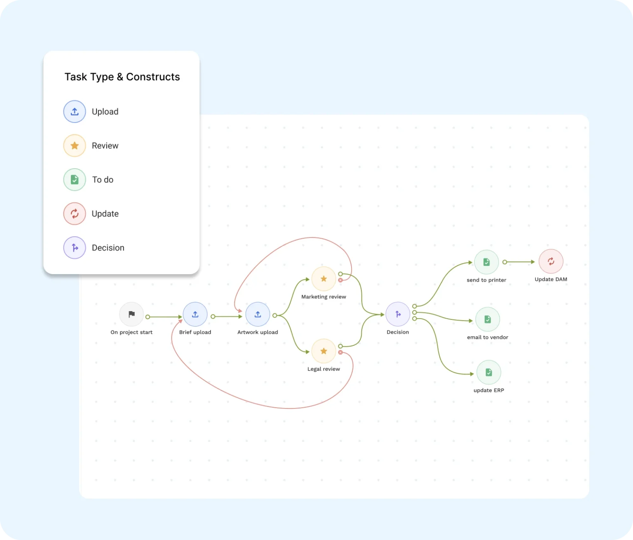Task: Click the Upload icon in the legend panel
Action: point(75,112)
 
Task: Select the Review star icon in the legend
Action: point(75,146)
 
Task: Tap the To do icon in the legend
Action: point(75,180)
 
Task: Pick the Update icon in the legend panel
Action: point(75,214)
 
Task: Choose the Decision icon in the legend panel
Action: point(75,248)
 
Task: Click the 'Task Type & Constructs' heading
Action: point(122,77)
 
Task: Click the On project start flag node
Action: point(131,315)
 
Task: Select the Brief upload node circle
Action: point(195,315)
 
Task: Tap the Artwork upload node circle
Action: point(258,315)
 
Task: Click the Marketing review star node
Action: point(324,279)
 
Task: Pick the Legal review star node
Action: point(324,351)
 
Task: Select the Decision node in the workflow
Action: point(398,315)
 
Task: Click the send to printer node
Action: point(486,262)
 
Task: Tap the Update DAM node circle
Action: point(551,261)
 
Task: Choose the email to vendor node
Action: point(488,319)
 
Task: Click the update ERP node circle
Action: point(489,373)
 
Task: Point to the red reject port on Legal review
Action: point(340,352)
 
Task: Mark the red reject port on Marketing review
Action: point(340,280)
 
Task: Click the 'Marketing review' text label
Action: point(324,297)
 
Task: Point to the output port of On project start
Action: point(148,317)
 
